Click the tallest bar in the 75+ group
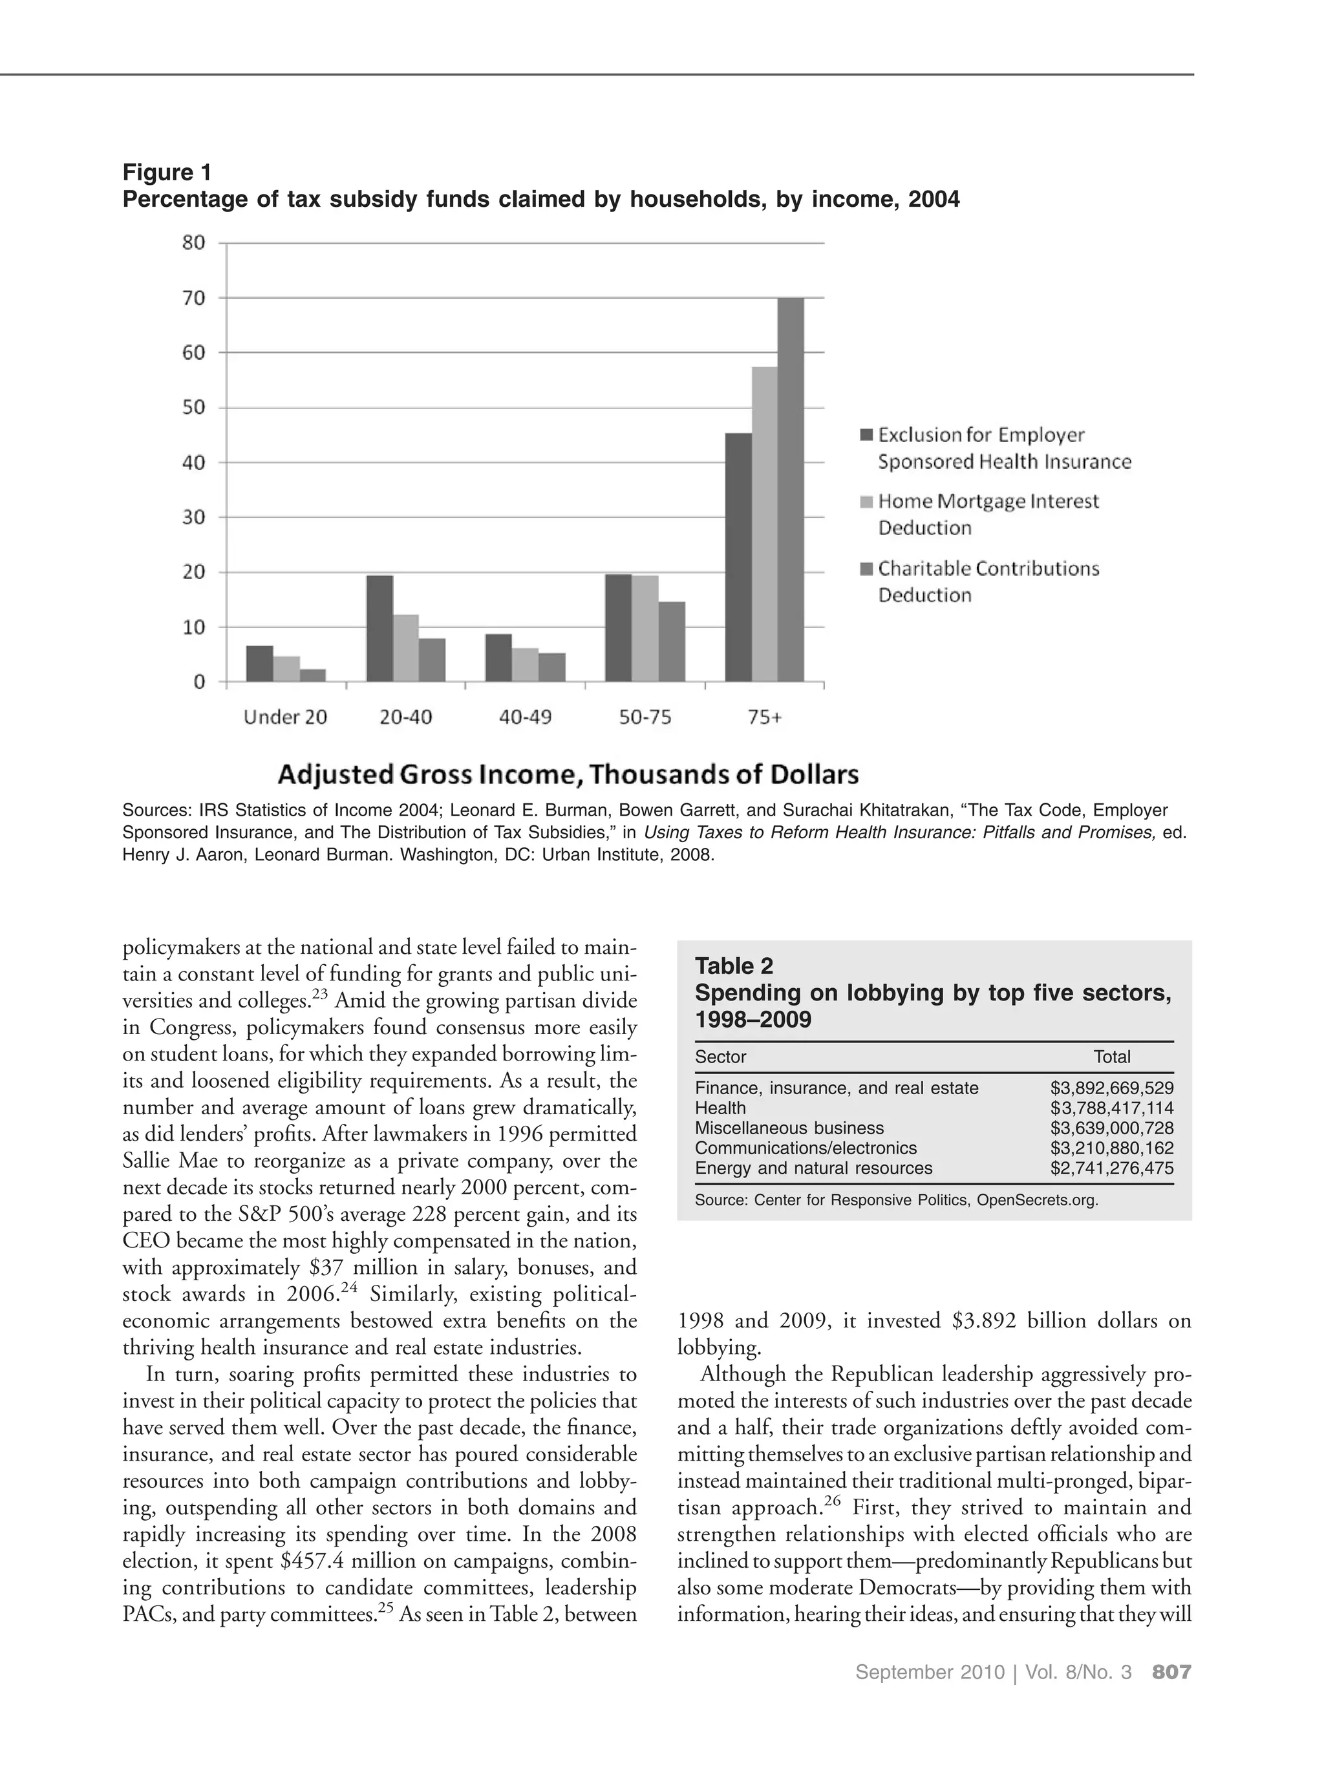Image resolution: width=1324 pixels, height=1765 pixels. point(790,489)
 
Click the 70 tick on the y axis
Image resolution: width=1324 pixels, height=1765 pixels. point(194,298)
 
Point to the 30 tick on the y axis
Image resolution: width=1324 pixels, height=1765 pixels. point(194,517)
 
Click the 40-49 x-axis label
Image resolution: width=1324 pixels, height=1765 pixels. point(524,717)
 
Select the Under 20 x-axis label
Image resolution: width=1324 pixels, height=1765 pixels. point(285,717)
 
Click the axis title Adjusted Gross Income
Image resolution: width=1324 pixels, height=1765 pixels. point(568,774)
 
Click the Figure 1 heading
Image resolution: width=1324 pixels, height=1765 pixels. point(167,173)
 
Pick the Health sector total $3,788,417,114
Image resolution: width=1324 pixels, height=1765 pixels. point(1111,1108)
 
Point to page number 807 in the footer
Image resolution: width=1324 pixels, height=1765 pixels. point(1171,1694)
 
